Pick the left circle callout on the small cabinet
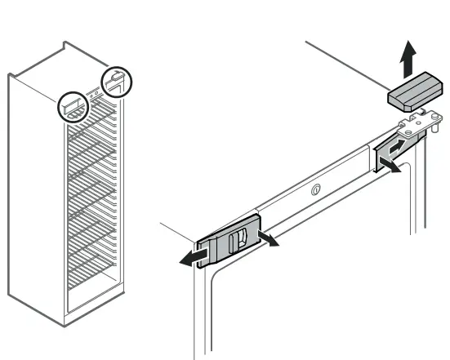tap(74, 106)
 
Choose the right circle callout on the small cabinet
tap(115, 81)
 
